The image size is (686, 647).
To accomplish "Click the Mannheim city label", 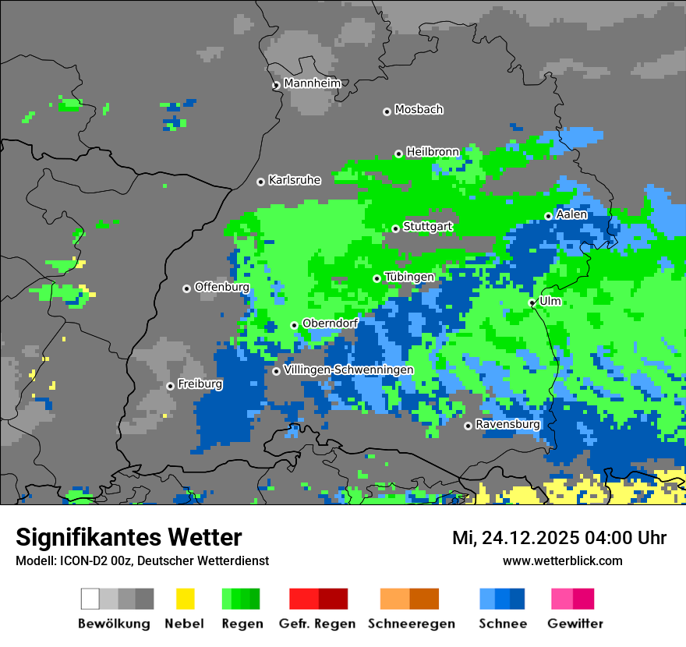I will (x=312, y=83).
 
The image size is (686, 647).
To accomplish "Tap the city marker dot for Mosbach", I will (x=387, y=111).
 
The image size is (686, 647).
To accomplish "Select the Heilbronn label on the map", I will (x=433, y=152).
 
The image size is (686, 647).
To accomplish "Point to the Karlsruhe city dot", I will (x=260, y=182).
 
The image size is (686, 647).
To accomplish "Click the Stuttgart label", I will (x=428, y=227).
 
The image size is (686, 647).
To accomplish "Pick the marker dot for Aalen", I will (x=548, y=216).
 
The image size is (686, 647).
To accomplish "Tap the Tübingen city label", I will (x=409, y=277).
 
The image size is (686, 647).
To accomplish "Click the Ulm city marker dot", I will (x=532, y=302).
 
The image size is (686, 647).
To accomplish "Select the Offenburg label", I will (x=222, y=287).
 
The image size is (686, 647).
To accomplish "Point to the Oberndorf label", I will (x=330, y=323).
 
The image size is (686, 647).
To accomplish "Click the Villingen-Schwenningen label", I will (x=348, y=369).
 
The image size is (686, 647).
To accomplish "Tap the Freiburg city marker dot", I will (x=170, y=386).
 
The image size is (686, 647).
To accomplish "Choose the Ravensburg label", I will (x=507, y=425).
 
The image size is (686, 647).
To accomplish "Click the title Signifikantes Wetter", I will (x=129, y=538).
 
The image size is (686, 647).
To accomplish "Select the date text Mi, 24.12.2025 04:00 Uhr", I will (x=559, y=539).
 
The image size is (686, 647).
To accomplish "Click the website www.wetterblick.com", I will (x=562, y=561).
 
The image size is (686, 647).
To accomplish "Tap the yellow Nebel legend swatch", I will (x=185, y=599).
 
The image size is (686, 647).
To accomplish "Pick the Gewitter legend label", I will (x=575, y=624).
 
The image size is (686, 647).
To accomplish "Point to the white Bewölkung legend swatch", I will (x=90, y=599).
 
